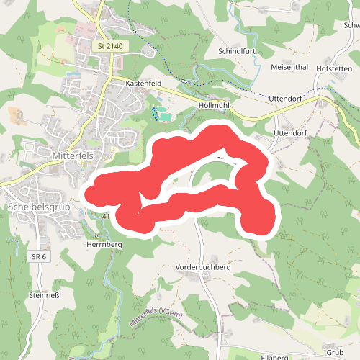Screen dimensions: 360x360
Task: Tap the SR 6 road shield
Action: tap(39, 257)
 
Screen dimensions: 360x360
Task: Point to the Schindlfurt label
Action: tap(237, 52)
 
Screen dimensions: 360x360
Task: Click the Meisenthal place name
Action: tap(289, 67)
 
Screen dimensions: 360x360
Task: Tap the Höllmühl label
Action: tap(212, 105)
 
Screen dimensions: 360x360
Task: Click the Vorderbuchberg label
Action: tap(202, 266)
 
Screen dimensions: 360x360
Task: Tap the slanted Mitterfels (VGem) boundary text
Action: tap(157, 318)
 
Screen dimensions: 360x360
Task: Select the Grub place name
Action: tap(334, 353)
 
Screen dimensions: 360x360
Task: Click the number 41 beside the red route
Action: tap(106, 216)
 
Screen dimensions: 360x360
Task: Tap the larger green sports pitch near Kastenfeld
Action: tap(166, 115)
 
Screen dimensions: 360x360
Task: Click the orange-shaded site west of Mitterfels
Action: tap(15, 113)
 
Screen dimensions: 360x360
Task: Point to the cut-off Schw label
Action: tap(352, 24)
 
